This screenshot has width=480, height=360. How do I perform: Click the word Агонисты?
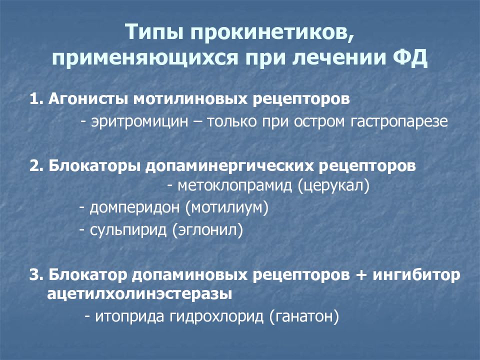[88, 98]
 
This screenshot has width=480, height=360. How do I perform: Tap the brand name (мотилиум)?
[226, 207]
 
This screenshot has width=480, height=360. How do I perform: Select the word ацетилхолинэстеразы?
[139, 294]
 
